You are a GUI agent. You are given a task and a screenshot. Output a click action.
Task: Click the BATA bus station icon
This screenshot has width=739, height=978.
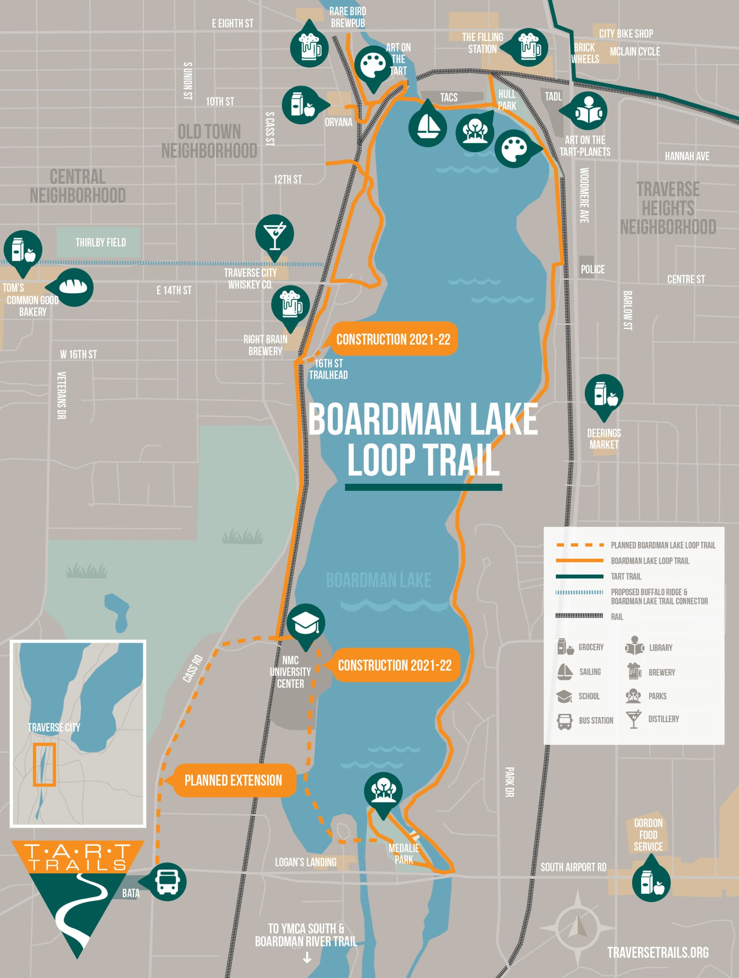(167, 881)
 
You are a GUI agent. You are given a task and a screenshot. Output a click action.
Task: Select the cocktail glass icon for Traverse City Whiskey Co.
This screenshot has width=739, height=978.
(275, 234)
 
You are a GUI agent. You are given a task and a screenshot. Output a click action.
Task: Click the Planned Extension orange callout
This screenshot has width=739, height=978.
(233, 781)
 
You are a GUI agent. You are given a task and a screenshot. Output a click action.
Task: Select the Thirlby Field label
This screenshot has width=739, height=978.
(100, 242)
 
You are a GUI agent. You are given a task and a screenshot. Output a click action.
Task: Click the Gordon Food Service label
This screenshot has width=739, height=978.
(648, 835)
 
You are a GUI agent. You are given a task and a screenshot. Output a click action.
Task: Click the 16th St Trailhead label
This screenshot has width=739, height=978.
(328, 369)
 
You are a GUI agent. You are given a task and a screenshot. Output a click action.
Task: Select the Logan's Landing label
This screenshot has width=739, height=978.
(306, 862)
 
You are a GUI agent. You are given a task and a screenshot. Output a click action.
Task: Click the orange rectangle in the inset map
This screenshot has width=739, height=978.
(44, 764)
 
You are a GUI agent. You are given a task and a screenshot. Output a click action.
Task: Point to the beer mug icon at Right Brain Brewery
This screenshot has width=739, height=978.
(291, 304)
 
